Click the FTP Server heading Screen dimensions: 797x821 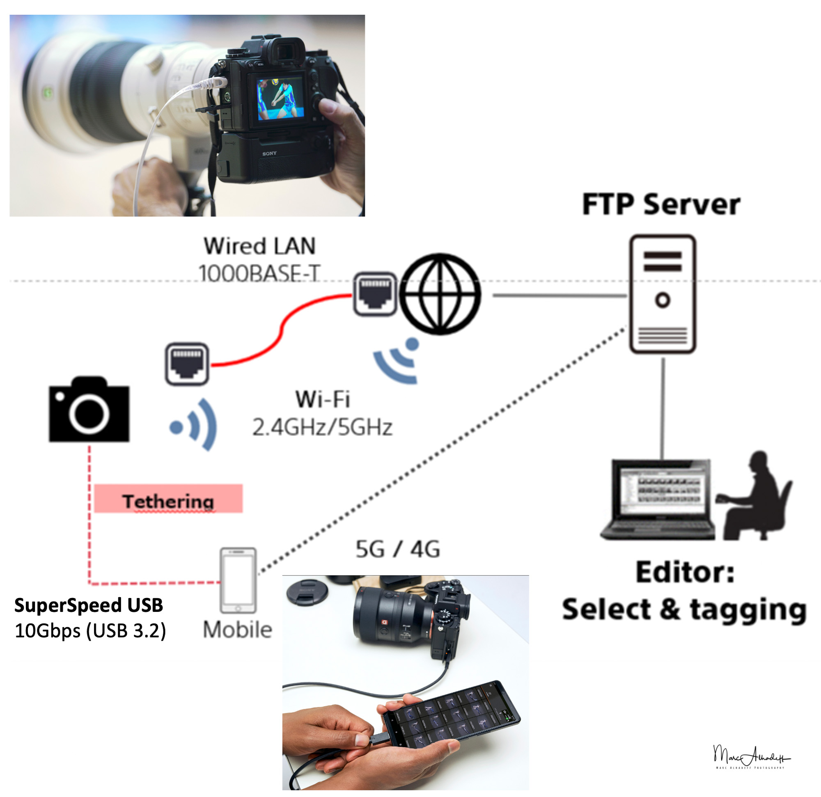click(660, 205)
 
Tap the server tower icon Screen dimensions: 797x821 click(662, 294)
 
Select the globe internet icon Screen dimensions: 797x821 click(440, 294)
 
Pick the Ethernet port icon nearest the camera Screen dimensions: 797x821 click(187, 364)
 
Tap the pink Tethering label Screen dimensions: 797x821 click(168, 499)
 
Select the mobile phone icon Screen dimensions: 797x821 click(238, 580)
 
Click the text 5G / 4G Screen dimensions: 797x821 click(397, 549)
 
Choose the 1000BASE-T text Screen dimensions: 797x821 click(259, 273)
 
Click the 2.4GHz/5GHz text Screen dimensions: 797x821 click(322, 428)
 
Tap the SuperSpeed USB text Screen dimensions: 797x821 click(88, 605)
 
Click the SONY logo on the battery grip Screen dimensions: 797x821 click(269, 153)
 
